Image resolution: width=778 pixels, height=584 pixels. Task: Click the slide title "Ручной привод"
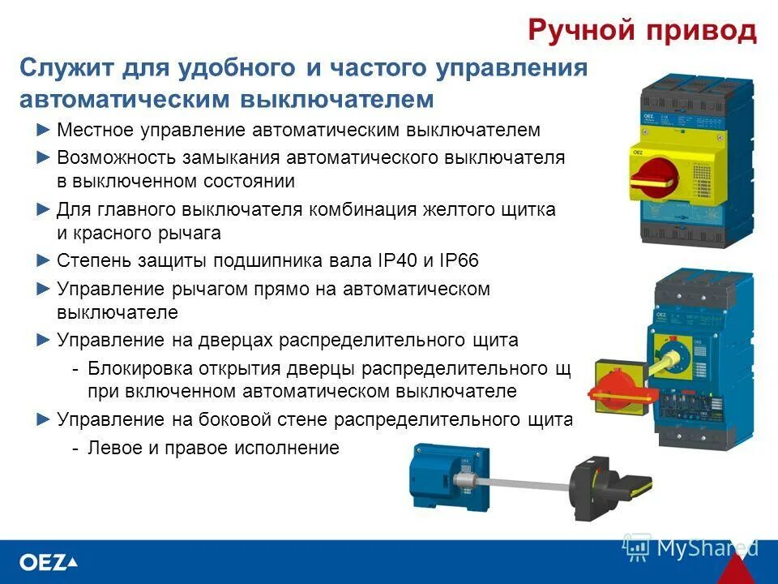tap(642, 30)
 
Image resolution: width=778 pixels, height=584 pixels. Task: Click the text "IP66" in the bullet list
tap(459, 261)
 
